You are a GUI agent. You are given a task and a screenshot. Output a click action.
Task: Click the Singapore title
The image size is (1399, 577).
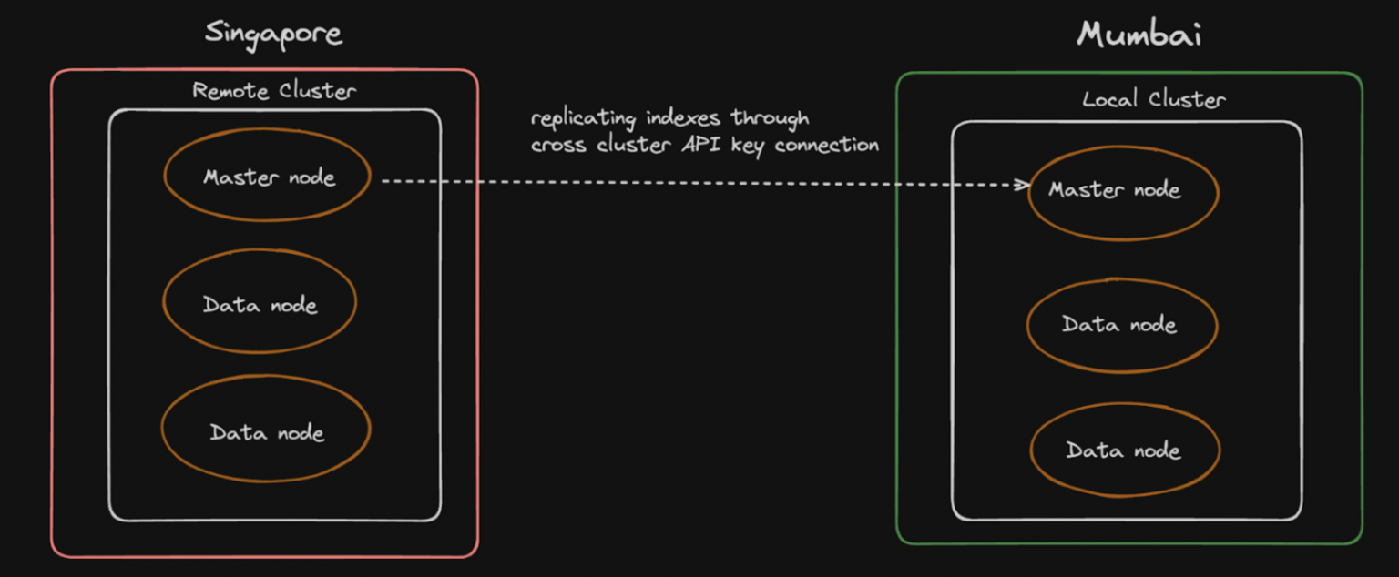click(273, 35)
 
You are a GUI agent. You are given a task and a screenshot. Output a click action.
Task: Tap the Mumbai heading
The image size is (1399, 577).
click(1139, 34)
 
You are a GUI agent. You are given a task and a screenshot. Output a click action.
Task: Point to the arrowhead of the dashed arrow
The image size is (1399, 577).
click(1025, 185)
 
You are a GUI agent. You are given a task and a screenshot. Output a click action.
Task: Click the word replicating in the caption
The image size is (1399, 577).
click(583, 118)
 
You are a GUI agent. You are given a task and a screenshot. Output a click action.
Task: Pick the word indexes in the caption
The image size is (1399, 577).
click(683, 117)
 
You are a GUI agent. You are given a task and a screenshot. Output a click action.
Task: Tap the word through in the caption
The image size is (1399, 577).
click(770, 118)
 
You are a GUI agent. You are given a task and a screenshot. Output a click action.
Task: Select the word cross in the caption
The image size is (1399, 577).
click(558, 146)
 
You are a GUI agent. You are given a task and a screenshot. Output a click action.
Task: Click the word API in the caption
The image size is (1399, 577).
click(700, 145)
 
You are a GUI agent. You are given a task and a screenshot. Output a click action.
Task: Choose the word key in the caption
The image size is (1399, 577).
click(748, 146)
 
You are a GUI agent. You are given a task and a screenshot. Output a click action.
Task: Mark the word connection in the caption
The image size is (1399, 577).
click(826, 145)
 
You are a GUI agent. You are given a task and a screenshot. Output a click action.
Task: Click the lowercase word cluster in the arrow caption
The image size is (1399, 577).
click(633, 145)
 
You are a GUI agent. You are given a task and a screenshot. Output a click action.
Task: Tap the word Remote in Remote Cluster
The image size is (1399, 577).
click(230, 91)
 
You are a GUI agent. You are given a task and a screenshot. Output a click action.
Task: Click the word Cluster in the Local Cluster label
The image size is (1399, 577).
click(1187, 99)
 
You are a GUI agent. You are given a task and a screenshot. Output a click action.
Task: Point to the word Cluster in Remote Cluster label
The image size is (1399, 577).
click(318, 91)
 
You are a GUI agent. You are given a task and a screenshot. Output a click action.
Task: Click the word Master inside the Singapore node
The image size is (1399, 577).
click(241, 177)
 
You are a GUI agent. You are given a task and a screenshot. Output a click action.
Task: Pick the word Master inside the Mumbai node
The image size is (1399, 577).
click(1086, 189)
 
